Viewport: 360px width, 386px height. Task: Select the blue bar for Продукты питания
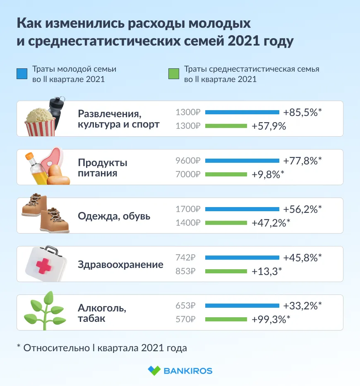click(242, 161)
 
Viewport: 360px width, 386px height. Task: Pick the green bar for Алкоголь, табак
click(226, 319)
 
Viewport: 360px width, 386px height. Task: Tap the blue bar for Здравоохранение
click(242, 258)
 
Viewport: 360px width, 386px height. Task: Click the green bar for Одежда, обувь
click(226, 223)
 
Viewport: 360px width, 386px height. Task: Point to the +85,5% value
click(302, 112)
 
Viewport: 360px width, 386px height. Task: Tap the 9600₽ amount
click(188, 161)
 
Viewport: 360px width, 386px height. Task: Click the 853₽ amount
click(185, 271)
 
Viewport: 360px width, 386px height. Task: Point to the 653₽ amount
click(185, 306)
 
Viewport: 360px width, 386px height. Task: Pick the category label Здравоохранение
click(120, 264)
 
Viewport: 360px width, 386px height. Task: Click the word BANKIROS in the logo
click(188, 370)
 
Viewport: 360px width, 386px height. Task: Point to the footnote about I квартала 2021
click(102, 348)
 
